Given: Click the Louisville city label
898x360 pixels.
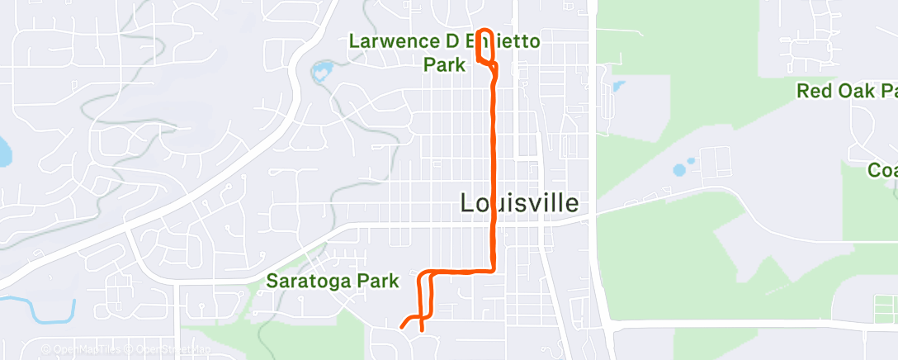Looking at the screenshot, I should tap(519, 203).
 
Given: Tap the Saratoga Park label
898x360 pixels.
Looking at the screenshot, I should tap(333, 282).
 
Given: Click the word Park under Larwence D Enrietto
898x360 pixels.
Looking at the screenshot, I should tap(444, 64).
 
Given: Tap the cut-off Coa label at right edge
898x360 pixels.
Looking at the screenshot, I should tap(882, 170).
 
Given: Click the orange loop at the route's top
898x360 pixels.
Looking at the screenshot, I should tap(485, 47).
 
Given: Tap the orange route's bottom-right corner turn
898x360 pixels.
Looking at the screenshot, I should tap(493, 269).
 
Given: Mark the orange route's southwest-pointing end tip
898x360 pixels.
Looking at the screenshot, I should tap(402, 327).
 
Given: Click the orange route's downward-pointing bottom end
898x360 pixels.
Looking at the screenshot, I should tap(422, 329).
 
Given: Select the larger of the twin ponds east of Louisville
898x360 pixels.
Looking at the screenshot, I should tap(679, 171).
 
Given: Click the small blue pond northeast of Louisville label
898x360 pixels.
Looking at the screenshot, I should tap(617, 85).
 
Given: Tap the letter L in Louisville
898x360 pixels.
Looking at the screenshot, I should tap(466, 203).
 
